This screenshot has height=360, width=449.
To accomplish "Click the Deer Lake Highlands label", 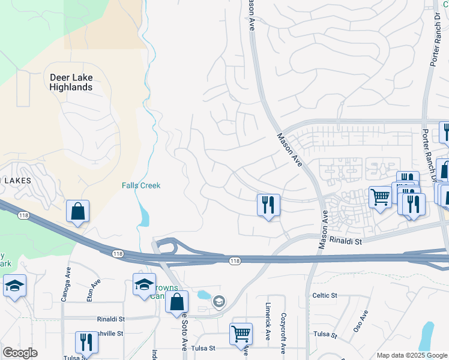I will click(x=71, y=82).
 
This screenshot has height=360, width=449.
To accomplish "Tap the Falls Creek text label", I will click(x=141, y=185).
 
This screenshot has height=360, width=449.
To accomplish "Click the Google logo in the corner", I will click(x=20, y=353).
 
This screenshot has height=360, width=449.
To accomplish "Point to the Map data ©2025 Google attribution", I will click(x=412, y=355).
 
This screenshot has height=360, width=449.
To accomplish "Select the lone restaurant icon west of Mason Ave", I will click(x=268, y=205).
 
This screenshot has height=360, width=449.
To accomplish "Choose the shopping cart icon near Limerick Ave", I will click(x=241, y=334).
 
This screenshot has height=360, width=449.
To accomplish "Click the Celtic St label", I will click(x=325, y=296).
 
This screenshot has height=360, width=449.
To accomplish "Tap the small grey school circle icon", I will click(x=219, y=301).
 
